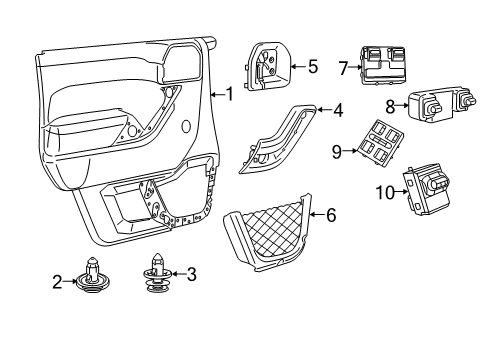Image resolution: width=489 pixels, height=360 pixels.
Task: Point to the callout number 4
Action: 338,110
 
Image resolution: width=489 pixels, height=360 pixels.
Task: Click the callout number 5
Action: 312,67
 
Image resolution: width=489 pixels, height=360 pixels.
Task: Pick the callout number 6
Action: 331,214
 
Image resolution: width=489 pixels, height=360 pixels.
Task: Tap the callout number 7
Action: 343,69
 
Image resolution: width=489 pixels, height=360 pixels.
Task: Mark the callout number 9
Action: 338,151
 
